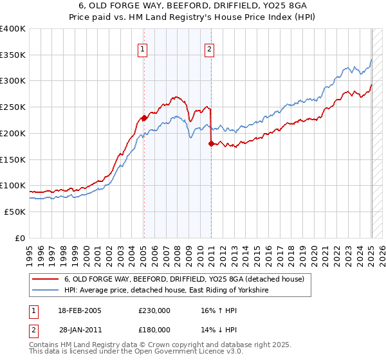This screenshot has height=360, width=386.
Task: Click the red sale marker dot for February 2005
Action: tap(144, 118)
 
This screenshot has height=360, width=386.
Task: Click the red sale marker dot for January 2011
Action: tap(211, 144)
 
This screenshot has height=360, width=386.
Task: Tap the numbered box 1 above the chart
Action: tap(142, 49)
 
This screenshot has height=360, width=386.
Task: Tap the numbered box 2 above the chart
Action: tap(210, 49)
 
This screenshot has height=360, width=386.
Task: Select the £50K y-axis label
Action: tap(14, 212)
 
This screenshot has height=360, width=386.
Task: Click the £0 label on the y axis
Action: tap(20, 238)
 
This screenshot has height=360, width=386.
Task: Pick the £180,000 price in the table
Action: tap(154, 329)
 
